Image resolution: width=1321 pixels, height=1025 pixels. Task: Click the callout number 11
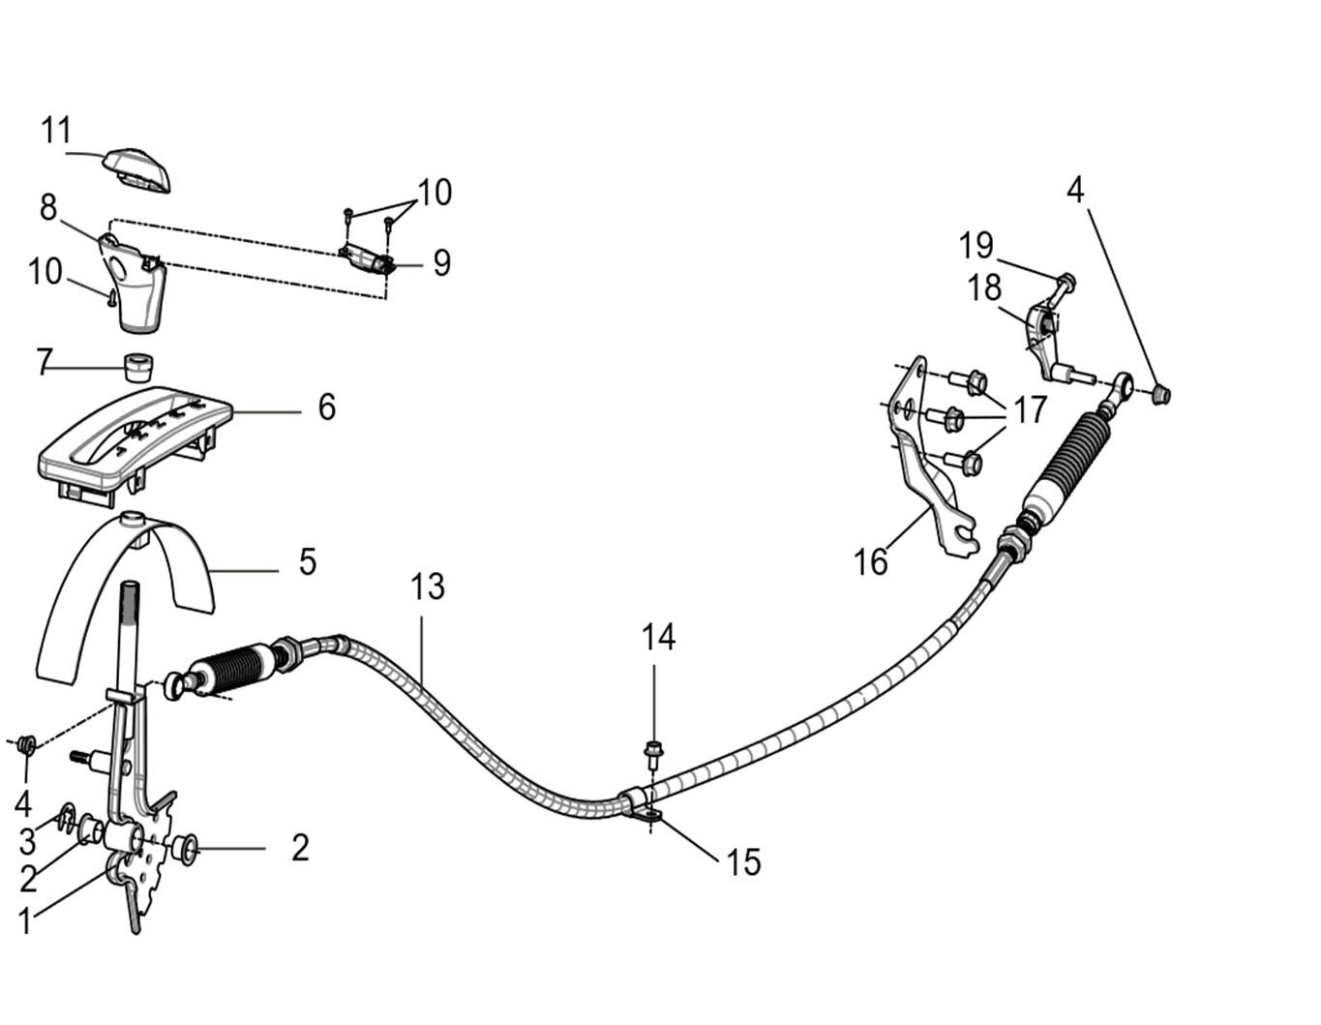click(56, 130)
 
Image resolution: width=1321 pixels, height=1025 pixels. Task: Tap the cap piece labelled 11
click(138, 169)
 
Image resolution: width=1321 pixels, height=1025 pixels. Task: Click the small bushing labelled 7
click(138, 366)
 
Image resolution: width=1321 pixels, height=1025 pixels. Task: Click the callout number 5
click(307, 561)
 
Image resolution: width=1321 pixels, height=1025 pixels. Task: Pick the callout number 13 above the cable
click(427, 587)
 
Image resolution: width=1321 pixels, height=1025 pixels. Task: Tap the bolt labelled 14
click(652, 749)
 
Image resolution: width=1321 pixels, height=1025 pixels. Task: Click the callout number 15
click(743, 861)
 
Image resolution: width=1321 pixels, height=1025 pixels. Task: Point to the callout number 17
click(1029, 410)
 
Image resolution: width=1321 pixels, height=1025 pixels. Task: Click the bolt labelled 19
click(1065, 283)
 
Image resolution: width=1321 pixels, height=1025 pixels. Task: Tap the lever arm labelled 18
click(1043, 339)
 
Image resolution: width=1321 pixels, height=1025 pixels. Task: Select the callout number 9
click(441, 262)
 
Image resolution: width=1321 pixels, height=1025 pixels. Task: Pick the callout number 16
click(870, 561)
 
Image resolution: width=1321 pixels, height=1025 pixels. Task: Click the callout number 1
click(25, 920)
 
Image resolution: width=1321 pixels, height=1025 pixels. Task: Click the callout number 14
click(658, 637)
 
